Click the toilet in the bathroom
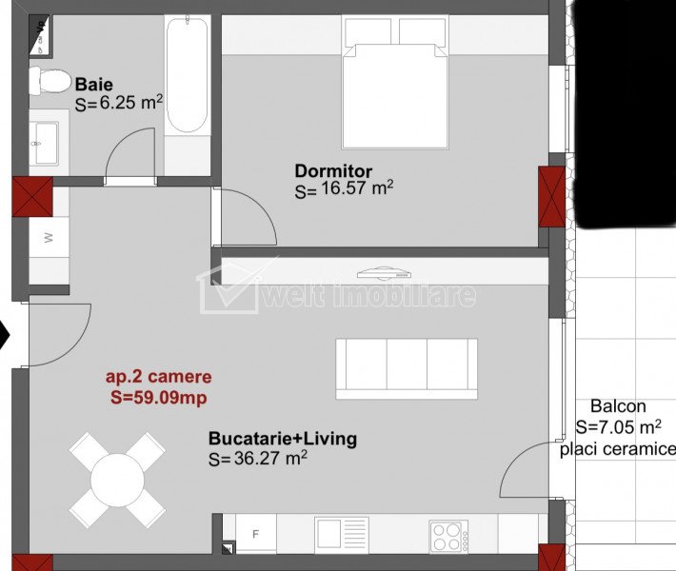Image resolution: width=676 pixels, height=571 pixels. coord(50,81)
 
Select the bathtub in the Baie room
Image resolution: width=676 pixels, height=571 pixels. coord(188,74)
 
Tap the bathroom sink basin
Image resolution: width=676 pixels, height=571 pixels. coord(46,144)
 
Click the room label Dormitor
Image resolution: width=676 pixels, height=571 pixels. coord(333,171)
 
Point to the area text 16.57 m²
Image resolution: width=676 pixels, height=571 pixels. coord(357,188)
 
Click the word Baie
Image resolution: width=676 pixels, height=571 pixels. coord(94,84)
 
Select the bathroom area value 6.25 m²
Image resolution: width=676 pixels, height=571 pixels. coord(131,103)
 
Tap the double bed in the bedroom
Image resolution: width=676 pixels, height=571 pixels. coord(395,82)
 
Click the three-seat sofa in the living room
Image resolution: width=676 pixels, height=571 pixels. coord(407,369)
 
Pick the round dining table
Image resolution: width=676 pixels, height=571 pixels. coord(117,480)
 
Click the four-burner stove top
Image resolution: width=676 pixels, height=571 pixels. coord(448,537)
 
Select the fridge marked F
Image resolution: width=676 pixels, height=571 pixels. coord(256,534)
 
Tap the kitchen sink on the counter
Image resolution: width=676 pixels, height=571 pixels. coord(342,535)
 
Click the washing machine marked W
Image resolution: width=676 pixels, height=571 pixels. coord(49,237)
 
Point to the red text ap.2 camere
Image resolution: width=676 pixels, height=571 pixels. coord(159,377)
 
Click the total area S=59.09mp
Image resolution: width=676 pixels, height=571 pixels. coord(159,398)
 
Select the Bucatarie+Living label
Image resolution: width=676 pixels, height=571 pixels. coord(283,439)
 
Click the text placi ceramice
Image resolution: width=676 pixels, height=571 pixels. coord(617,449)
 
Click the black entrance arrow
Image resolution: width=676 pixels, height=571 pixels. coord(5,334)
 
